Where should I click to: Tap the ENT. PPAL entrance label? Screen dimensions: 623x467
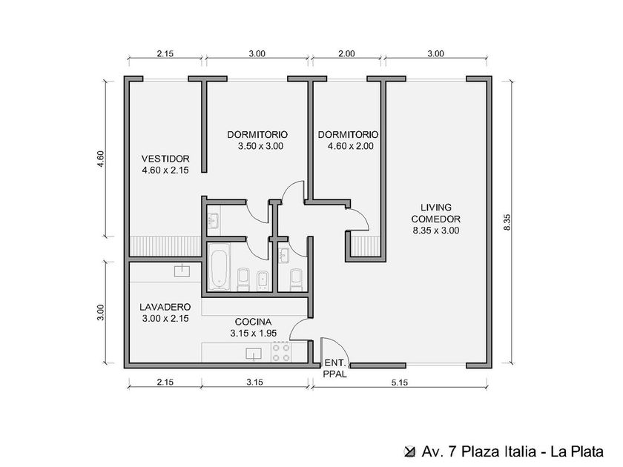[335, 368]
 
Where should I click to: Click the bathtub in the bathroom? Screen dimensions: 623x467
[219, 266]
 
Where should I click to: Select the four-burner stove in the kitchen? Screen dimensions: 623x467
[281, 352]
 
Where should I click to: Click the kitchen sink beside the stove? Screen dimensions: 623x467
[254, 353]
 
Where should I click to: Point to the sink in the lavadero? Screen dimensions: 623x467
[182, 271]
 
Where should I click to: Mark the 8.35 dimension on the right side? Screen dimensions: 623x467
[507, 222]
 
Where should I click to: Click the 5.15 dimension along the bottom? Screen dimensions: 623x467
[400, 382]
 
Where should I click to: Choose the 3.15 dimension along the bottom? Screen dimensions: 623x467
[254, 382]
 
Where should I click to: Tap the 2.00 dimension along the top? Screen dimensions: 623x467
[346, 53]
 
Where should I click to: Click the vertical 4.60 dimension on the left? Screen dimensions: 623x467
[100, 159]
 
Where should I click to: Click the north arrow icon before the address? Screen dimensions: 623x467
[409, 451]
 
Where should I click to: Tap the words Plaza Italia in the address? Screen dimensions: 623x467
[498, 451]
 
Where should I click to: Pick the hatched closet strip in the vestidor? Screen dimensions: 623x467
[165, 246]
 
